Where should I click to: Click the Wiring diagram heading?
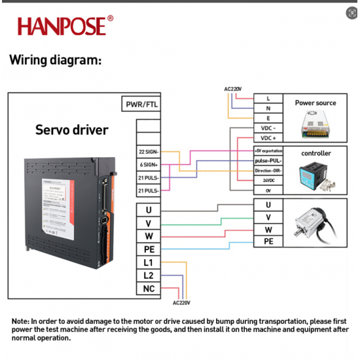56,60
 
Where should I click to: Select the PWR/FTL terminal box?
141,104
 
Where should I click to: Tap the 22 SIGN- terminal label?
149,152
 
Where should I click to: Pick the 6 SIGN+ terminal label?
149,164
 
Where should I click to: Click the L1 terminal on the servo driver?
149,262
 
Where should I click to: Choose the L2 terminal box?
149,276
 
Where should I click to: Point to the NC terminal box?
149,289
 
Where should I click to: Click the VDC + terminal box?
268,138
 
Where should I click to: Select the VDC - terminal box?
268,128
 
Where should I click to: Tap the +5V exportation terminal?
268,151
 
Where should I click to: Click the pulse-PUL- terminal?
268,160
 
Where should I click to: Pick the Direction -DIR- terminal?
268,170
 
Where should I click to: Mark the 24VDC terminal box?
268,180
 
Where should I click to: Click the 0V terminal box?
268,190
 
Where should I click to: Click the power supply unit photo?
315,122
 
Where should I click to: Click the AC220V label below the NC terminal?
181,303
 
